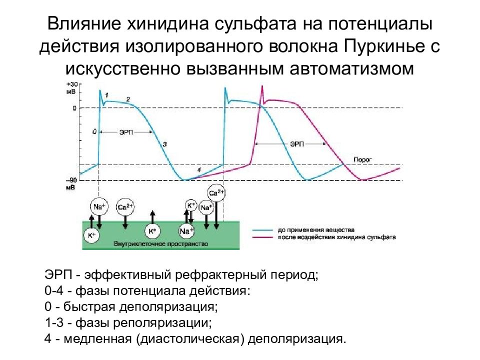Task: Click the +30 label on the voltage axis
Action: tap(71, 84)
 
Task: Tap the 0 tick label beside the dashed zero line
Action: tap(74, 108)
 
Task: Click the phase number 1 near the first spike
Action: tap(107, 95)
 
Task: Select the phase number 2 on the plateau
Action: tap(128, 99)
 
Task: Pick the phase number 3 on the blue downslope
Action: tap(164, 144)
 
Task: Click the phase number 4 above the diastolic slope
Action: tap(199, 170)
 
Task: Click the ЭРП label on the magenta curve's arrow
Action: tap(297, 143)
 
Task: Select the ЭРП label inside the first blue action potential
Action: tap(126, 132)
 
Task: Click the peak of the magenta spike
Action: tap(261, 87)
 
